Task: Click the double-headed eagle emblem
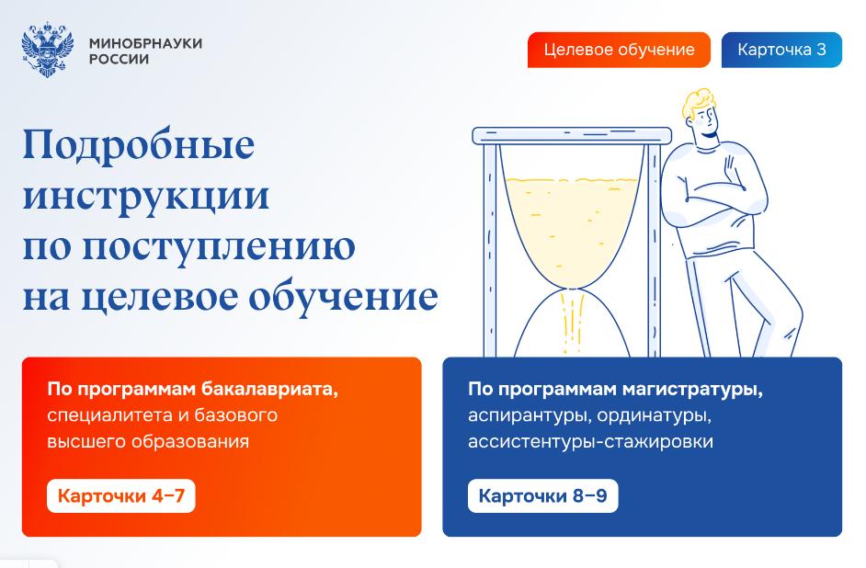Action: [48, 50]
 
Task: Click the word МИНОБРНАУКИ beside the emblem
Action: [146, 43]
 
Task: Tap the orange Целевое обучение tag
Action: [619, 50]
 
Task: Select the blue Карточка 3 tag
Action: [781, 50]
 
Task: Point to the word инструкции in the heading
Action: [146, 196]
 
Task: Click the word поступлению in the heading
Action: [220, 246]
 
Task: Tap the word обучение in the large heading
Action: [343, 297]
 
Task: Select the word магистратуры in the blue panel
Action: [692, 390]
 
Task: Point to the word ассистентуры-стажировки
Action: [590, 441]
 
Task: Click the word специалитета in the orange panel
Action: [109, 415]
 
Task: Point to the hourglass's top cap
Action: [572, 135]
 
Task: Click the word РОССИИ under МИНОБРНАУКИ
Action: [120, 59]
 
